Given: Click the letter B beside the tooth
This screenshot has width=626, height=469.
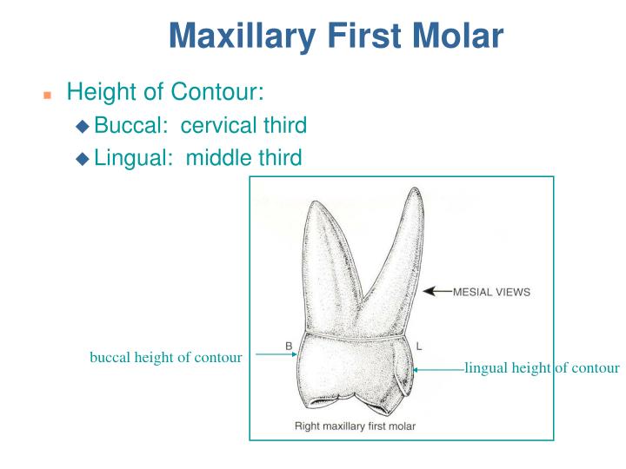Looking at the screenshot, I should (x=289, y=346).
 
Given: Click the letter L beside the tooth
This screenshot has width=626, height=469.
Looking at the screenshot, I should (x=419, y=346).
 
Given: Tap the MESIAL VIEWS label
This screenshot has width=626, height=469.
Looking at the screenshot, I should (x=491, y=292).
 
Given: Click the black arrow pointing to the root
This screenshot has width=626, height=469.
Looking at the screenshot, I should (x=436, y=292).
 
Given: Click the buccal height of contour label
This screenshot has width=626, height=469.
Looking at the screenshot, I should (x=165, y=357).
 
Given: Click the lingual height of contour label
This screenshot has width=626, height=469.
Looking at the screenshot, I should (x=542, y=368).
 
